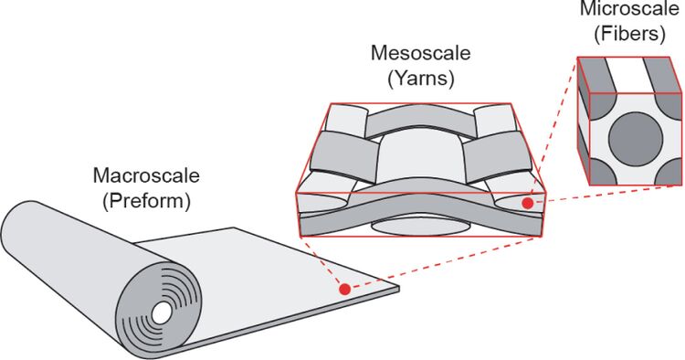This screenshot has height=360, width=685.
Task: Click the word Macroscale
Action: tap(146, 175)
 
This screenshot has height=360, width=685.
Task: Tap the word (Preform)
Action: tap(146, 201)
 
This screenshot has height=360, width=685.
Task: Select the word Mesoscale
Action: tap(421, 53)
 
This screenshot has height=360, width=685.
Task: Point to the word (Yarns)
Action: tap(421, 79)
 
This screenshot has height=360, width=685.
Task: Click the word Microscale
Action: tap(629, 9)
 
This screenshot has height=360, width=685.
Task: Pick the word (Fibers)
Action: tap(629, 34)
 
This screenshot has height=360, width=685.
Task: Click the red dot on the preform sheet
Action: tap(344, 290)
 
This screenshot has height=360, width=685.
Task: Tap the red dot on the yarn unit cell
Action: tap(528, 203)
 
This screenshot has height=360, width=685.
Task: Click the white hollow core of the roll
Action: tap(162, 312)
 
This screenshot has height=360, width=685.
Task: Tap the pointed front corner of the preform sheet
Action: tap(399, 289)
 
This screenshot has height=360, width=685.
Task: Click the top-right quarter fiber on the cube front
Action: tap(669, 105)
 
